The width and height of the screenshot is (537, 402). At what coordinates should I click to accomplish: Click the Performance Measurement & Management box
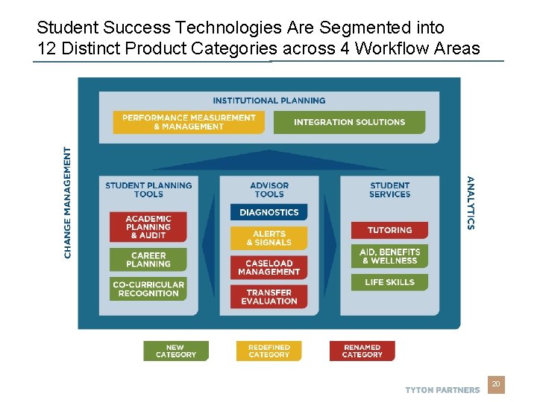(189, 122)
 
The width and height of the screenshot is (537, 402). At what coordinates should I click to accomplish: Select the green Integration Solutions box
(349, 122)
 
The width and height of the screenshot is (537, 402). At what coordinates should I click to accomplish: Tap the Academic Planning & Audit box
(148, 227)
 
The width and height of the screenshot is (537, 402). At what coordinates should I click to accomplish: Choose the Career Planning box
(148, 259)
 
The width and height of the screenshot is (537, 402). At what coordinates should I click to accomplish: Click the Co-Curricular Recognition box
(148, 289)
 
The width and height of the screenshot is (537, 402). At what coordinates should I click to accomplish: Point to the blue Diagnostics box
(268, 212)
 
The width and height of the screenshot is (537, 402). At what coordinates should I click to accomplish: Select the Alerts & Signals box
(268, 238)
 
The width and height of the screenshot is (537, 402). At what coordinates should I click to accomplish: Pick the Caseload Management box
(268, 267)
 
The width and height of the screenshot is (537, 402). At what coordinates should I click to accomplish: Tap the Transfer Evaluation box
(268, 297)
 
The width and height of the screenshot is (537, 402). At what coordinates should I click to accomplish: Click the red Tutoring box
(389, 230)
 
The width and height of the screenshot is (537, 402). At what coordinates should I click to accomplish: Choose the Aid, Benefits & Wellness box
(389, 256)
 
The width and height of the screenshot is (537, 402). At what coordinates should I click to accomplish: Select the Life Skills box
(389, 282)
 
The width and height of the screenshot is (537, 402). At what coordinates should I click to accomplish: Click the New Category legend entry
(176, 351)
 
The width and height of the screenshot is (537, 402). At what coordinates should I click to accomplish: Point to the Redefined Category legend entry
(268, 351)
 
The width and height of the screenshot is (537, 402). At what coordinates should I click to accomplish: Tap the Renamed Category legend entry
(362, 351)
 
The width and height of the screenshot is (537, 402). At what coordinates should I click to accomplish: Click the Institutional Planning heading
(268, 100)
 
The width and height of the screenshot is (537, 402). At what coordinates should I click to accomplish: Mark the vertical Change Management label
(69, 202)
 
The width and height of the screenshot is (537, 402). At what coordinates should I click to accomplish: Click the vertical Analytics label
(470, 202)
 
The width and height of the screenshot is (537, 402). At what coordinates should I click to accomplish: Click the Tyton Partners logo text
(442, 390)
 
